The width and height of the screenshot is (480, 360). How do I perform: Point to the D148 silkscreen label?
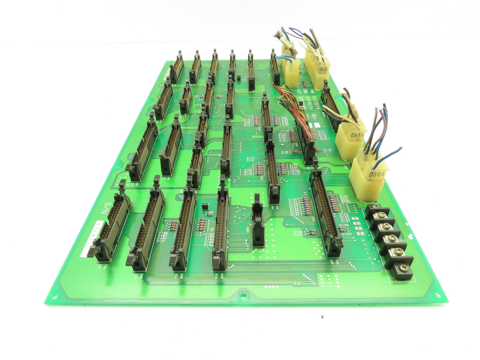click(x=298, y=231)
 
